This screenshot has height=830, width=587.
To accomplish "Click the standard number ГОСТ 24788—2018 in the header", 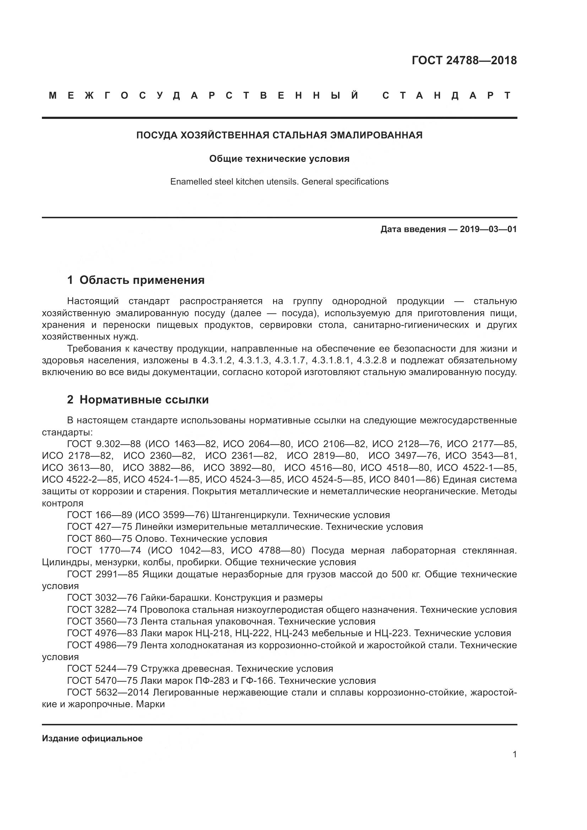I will coord(464,60).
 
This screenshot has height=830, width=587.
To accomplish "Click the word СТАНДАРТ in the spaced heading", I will coord(447,95).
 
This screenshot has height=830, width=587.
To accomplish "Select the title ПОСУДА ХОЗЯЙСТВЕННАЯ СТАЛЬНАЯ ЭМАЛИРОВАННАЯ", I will coord(279,135).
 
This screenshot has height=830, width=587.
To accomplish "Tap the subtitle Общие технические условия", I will coord(279,159).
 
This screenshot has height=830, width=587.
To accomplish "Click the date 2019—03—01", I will coord(488,229).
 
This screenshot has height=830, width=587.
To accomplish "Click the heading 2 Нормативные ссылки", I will coord(138,400).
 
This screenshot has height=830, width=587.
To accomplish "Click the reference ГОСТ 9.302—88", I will coord(104,444).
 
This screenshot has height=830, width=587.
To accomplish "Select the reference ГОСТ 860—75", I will coord(99,539).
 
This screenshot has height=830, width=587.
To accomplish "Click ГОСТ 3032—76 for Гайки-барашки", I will coord(102,598).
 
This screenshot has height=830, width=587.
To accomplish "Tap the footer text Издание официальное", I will coord(92,738).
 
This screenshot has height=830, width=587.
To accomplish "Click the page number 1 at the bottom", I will coord(515,754).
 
